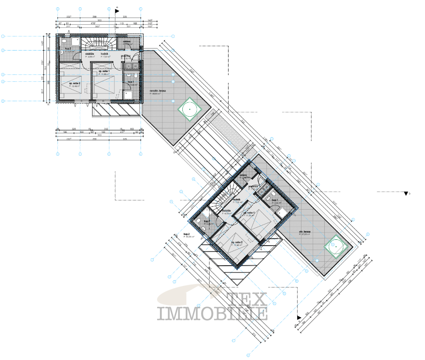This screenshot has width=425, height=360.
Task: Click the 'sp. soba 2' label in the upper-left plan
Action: (74, 83)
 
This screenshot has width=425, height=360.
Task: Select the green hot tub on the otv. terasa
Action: (336, 247)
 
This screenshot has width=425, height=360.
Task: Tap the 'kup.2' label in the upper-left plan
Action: (68, 49)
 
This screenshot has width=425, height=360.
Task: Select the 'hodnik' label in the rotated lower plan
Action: (237, 199)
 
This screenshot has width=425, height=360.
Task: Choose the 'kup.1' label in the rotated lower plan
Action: (275, 200)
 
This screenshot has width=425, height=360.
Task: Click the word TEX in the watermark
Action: (247, 297)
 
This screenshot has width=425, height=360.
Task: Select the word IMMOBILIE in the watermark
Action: (212, 313)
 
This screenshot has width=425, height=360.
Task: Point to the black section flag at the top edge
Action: (117, 10)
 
